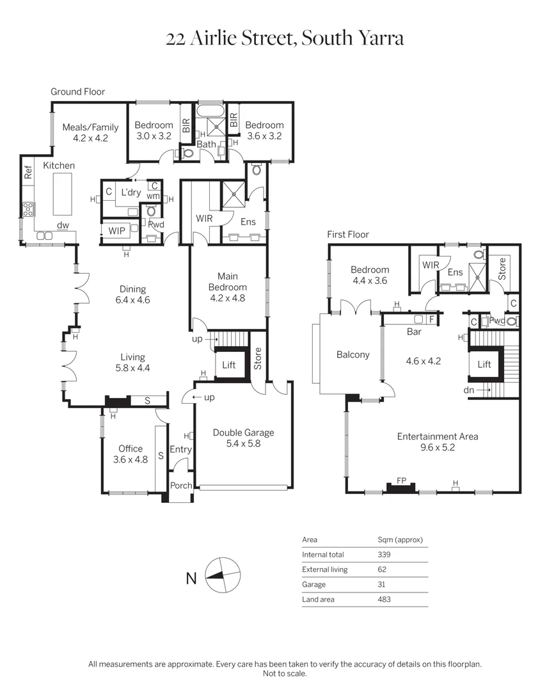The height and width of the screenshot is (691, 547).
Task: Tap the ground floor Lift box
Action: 229,365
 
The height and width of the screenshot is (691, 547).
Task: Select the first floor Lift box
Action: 484,364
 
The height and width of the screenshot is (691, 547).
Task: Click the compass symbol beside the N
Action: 223,575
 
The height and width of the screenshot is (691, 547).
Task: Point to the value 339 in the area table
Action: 384,554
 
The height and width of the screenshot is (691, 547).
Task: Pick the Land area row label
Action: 318,600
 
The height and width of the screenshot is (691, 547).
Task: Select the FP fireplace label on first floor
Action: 401,481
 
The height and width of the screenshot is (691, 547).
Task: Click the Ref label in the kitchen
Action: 28,172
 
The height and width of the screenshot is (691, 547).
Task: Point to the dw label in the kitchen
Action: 63,225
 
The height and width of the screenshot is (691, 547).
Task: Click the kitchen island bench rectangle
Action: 63,194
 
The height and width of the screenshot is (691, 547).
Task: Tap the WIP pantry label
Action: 117,230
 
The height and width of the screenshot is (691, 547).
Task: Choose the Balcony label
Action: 353,354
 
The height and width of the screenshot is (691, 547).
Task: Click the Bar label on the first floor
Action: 414,332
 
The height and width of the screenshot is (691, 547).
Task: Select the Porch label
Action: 181,485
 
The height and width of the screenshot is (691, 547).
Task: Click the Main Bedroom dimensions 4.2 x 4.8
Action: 228,298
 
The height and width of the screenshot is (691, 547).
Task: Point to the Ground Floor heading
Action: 77,91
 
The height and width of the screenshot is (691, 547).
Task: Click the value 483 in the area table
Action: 384,600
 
